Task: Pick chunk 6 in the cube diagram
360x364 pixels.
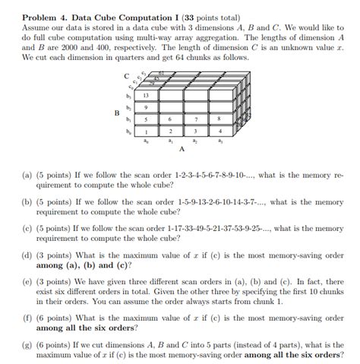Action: pos(172,119)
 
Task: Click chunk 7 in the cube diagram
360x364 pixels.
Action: pos(196,119)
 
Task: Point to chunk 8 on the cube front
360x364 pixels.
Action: pos(219,119)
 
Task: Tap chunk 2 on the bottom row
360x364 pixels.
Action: pos(172,131)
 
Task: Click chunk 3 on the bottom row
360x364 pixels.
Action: pos(196,131)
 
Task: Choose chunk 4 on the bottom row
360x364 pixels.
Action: pos(219,131)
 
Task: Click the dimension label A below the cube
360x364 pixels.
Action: pos(182,150)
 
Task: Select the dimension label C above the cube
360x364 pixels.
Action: pos(126,77)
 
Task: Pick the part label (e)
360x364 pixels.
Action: pos(29,282)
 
